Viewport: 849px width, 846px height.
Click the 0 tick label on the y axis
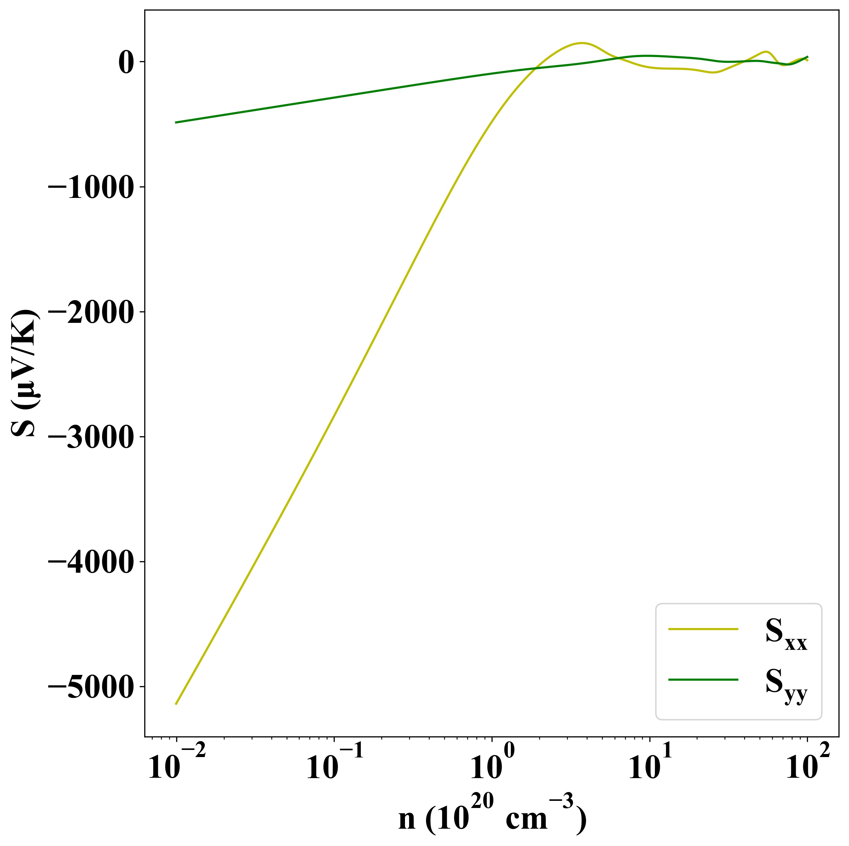(125, 62)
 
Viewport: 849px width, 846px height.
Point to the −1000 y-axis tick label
(90, 188)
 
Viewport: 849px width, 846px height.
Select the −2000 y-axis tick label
(90, 313)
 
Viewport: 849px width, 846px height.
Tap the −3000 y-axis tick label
(90, 438)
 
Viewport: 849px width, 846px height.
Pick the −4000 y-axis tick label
(90, 563)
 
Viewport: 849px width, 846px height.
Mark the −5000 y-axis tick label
(90, 688)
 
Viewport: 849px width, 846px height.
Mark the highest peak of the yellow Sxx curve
(582, 43)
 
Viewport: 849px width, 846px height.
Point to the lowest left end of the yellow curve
(176, 704)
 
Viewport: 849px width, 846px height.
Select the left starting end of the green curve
(176, 122)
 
